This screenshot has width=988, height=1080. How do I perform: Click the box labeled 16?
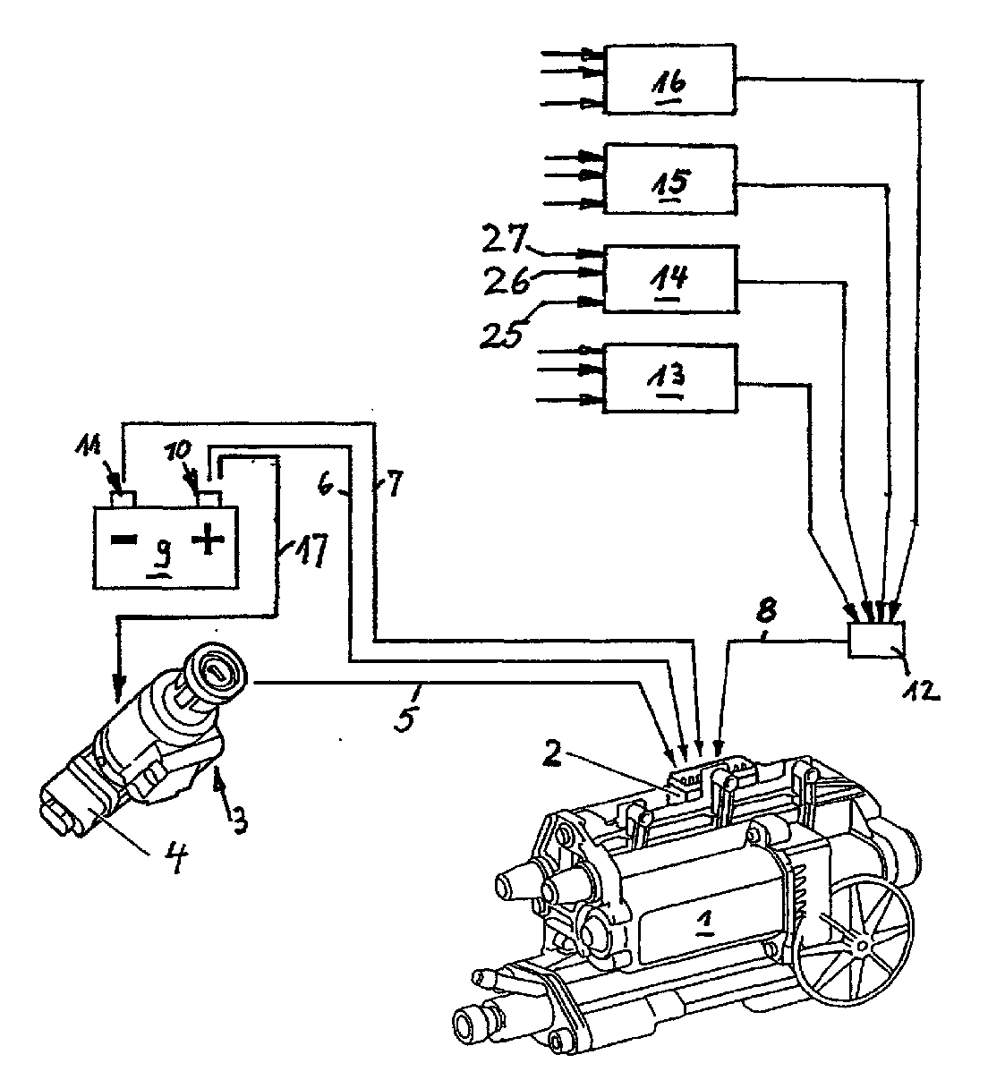coord(669,80)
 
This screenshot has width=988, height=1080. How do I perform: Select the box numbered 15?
coord(669,179)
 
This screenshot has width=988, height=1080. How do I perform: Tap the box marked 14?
coord(670,279)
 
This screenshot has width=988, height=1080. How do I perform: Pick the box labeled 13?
coord(669,378)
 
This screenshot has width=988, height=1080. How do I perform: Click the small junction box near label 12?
coord(876,640)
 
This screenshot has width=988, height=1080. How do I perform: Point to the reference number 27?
coord(504,239)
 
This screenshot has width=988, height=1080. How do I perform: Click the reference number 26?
coord(506,280)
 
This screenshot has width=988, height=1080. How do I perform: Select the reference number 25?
coord(501,335)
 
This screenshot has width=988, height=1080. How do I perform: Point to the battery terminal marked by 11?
coord(123,498)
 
